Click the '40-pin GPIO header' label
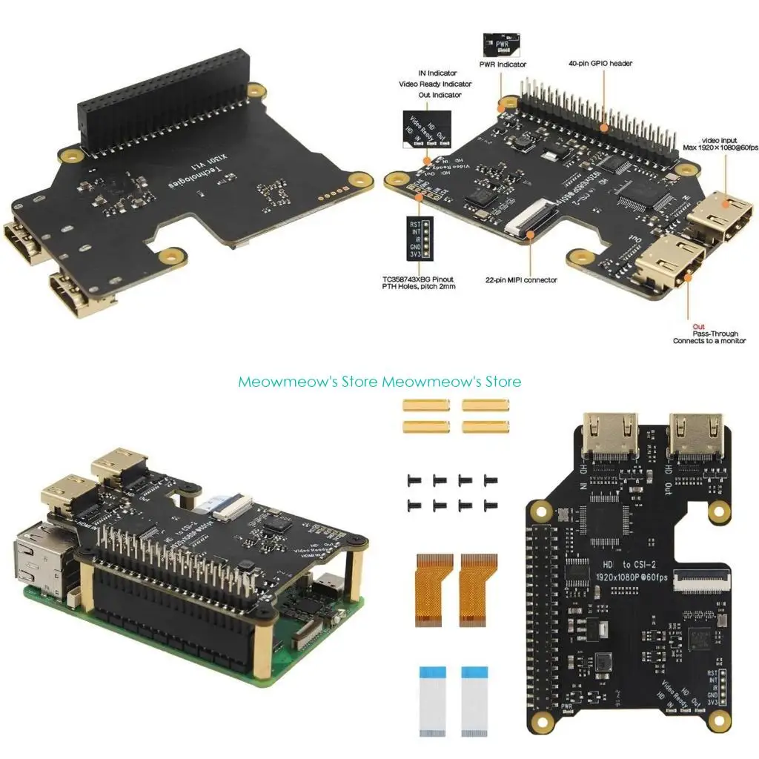point(600,64)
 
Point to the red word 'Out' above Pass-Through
point(698,326)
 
